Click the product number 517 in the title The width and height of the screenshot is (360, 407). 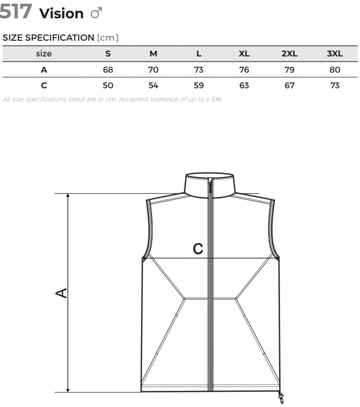click(x=16, y=11)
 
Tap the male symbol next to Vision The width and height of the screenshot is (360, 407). click(x=96, y=13)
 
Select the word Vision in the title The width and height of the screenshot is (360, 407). click(x=62, y=14)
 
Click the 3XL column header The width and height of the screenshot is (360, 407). click(x=334, y=53)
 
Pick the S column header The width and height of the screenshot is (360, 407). click(x=108, y=53)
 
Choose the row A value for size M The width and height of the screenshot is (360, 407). click(x=154, y=69)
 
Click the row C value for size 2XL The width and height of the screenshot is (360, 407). click(x=289, y=85)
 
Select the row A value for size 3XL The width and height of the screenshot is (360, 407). click(x=335, y=69)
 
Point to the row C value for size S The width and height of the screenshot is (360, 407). click(x=108, y=85)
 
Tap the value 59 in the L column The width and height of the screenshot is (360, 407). click(x=199, y=85)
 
